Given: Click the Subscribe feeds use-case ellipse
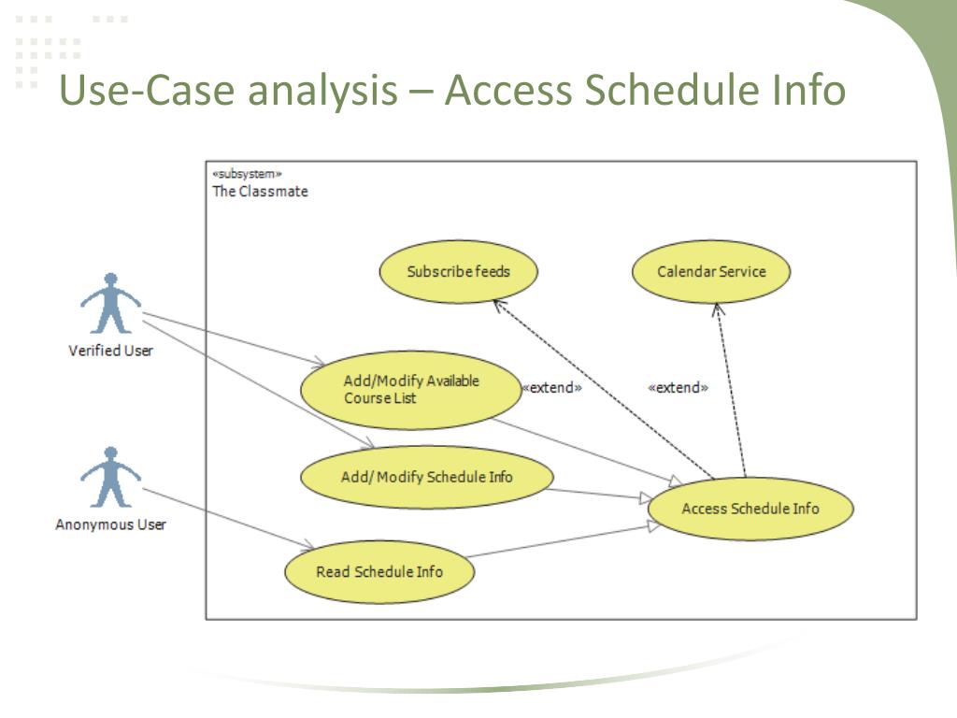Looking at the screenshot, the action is (x=458, y=271).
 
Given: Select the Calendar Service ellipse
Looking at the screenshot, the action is (x=711, y=271).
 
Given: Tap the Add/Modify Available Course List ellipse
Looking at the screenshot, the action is (x=411, y=390).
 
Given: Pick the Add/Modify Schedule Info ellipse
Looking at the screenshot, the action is (x=427, y=477).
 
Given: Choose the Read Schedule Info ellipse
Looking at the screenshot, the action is (x=379, y=571).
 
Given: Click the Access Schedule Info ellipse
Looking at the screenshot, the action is (x=750, y=509).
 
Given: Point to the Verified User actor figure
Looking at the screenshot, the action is (x=110, y=304).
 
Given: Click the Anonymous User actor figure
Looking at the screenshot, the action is (x=110, y=478).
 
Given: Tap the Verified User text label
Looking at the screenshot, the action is (x=110, y=351).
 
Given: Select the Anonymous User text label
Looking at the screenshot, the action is (x=110, y=524).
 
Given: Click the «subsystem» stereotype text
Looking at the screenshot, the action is (x=247, y=174).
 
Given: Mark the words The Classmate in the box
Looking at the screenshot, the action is (x=260, y=191).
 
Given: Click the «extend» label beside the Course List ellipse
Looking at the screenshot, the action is (x=552, y=388).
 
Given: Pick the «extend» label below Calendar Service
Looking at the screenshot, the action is (x=678, y=388).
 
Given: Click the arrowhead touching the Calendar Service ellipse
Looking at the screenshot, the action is (x=719, y=309).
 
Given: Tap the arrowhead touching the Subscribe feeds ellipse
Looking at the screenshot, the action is (x=500, y=306).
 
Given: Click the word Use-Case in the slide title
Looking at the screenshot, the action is (x=147, y=90).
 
